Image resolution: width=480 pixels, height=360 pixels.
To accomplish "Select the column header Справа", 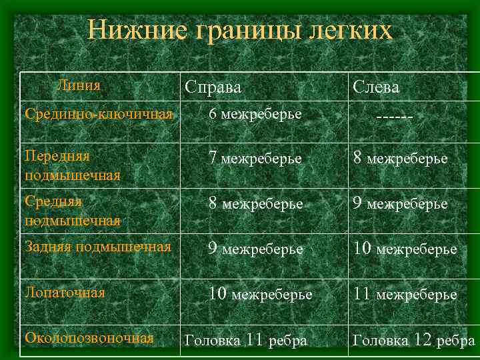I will click(213, 87).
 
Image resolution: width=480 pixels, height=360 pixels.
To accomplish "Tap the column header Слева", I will click(376, 87).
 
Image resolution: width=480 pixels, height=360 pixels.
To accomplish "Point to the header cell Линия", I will click(79, 85).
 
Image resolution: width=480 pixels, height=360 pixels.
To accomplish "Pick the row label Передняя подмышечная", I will click(72, 165).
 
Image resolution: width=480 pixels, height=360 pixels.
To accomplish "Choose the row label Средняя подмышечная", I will click(72, 210).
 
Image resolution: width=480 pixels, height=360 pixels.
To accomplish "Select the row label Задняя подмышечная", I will click(97, 247).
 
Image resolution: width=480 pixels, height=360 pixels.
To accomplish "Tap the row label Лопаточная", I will click(65, 292).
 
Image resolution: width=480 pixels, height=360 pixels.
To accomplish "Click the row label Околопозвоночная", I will click(89, 337).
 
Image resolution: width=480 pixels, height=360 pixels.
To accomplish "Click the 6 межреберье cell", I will click(255, 115).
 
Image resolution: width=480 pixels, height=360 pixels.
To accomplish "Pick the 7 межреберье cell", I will click(255, 159).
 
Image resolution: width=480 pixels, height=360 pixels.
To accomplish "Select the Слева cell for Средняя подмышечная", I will click(400, 203).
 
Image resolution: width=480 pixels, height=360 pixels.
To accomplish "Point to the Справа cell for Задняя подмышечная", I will click(255, 249).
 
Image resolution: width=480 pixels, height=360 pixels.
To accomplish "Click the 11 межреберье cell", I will click(405, 293).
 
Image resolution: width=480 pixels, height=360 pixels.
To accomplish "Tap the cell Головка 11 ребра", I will click(245, 340).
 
